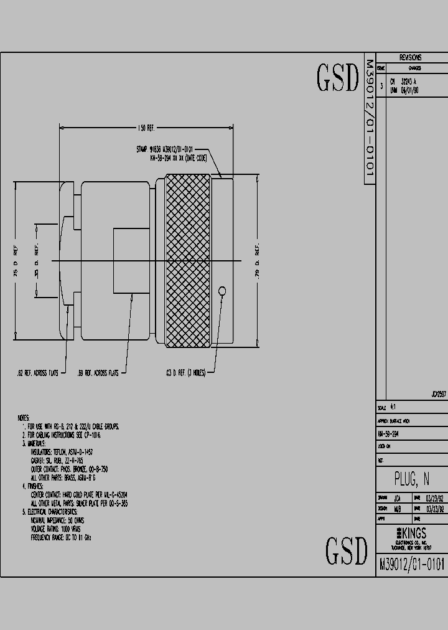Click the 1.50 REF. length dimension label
click(x=146, y=128)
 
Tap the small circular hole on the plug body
click(x=223, y=290)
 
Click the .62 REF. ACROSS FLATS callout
click(x=37, y=372)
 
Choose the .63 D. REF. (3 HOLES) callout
click(x=185, y=372)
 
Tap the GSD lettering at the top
click(x=338, y=78)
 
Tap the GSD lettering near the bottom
click(x=347, y=550)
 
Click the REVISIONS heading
click(x=410, y=57)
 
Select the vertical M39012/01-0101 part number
click(x=369, y=121)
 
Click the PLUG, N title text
click(x=411, y=479)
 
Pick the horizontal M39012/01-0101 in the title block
click(x=411, y=564)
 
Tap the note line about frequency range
click(x=65, y=535)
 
